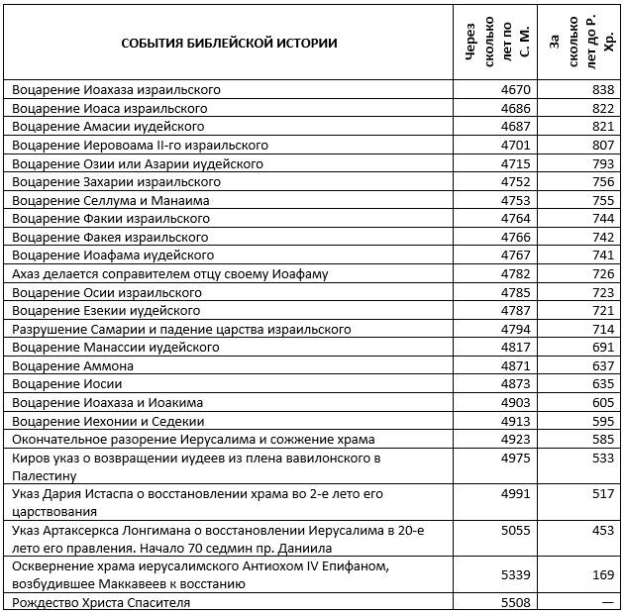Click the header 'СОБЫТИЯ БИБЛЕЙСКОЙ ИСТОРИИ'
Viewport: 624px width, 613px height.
tap(229, 43)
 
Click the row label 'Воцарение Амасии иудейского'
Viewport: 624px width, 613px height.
tap(108, 127)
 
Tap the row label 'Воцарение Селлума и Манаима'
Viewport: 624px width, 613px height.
tap(111, 201)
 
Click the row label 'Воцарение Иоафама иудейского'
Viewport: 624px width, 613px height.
tap(113, 255)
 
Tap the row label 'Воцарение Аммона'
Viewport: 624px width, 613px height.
tap(73, 366)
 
